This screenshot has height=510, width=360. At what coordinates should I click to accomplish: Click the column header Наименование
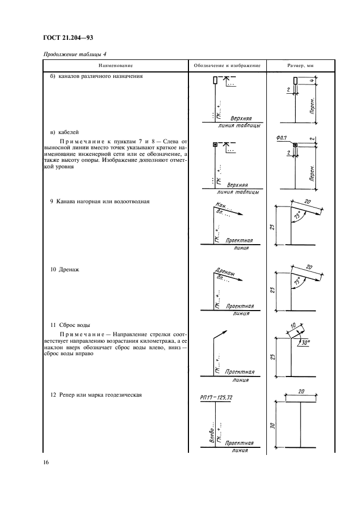114,65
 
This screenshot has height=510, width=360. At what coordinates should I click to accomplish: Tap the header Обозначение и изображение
227,65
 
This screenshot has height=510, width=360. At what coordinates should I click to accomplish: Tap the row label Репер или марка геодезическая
96,395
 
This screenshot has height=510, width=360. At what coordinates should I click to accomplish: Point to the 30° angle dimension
302,343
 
